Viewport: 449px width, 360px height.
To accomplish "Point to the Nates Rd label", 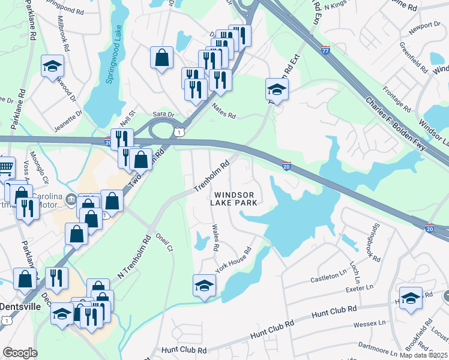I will pos(224,110).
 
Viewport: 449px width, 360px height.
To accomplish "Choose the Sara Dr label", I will pos(163,113).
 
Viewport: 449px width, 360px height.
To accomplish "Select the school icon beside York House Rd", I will pos(204,285).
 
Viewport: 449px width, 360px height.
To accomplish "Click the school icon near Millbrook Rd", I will pos(53,65).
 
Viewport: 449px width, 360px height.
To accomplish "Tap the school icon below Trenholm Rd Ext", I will pos(277,89).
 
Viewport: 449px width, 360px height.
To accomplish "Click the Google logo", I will pos(20,353).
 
